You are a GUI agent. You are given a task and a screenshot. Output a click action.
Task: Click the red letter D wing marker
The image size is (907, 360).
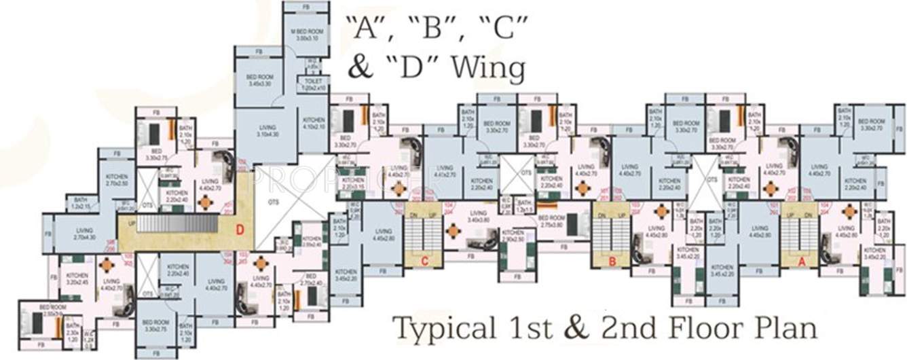[240, 229]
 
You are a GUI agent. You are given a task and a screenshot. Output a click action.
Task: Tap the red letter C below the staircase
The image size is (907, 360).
[424, 260]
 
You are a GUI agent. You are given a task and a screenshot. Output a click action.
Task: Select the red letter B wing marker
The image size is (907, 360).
[612, 259]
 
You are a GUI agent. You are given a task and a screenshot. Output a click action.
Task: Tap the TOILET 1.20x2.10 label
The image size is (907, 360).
[313, 84]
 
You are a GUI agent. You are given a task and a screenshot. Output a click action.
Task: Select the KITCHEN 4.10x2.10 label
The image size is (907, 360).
[314, 123]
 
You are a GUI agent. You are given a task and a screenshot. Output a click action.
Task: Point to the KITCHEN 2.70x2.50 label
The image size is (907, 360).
[117, 179]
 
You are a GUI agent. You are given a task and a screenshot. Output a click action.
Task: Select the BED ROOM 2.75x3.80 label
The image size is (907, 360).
[551, 221]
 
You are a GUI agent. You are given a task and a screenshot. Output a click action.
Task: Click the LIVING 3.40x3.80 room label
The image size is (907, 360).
[479, 216]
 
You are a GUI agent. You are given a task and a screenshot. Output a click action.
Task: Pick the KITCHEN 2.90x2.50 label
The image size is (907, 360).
[513, 238]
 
